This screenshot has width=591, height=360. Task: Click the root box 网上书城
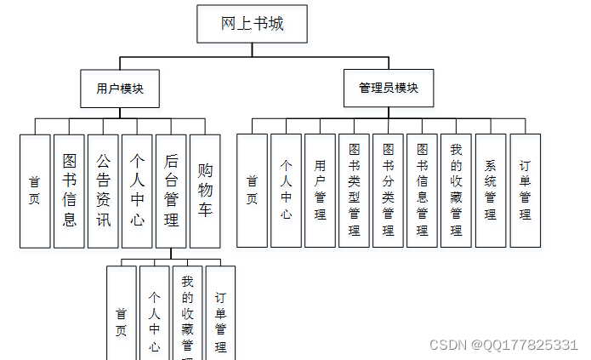(252, 23)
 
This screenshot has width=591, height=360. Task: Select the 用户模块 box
(120, 88)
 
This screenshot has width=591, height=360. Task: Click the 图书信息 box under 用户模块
(69, 191)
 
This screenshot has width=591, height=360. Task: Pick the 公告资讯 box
(103, 191)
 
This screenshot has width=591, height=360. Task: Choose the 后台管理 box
(171, 191)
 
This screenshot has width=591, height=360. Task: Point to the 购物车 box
(205, 191)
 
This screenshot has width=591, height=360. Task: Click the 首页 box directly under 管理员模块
(252, 191)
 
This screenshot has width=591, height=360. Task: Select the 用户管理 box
(320, 191)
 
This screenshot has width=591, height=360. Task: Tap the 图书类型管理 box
(354, 191)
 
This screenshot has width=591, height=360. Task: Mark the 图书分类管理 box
(388, 191)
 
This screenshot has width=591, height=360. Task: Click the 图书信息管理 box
(422, 191)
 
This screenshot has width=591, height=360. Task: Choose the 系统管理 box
(490, 191)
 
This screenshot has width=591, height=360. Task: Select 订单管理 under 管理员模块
(525, 191)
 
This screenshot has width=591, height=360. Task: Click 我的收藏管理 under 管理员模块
(456, 191)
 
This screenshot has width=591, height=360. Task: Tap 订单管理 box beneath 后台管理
(220, 313)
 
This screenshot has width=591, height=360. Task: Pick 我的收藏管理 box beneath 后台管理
(187, 313)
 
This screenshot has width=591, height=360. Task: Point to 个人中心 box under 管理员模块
(286, 191)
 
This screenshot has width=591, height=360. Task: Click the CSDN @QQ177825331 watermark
(503, 344)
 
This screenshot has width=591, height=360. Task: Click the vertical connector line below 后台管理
(171, 254)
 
